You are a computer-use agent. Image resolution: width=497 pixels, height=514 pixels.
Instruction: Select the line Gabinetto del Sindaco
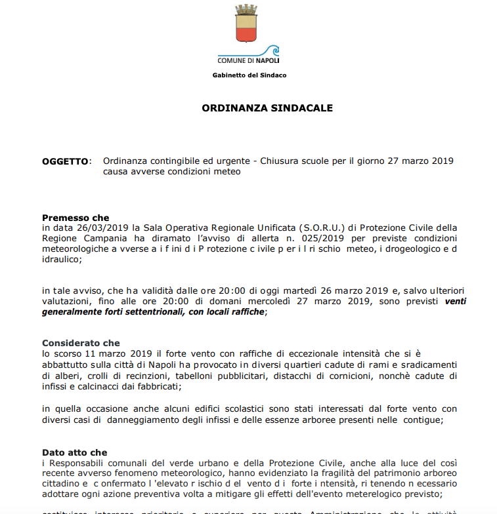click(249, 75)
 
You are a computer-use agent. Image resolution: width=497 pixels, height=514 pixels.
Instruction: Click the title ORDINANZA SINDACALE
click(249, 108)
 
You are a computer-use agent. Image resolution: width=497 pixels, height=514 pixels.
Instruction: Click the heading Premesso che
click(76, 218)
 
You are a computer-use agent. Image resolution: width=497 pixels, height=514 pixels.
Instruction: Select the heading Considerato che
click(81, 343)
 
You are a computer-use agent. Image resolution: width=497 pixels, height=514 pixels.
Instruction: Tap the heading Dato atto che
click(74, 452)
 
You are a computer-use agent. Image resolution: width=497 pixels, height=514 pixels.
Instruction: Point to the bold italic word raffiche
click(248, 311)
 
